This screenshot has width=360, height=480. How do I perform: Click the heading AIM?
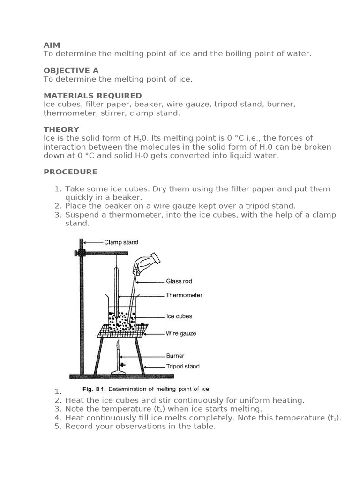52,45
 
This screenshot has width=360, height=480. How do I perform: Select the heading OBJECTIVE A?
71,70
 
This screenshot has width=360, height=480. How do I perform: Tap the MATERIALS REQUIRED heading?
93,96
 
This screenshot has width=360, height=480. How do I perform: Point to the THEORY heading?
61,129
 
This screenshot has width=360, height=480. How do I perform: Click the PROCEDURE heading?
70,172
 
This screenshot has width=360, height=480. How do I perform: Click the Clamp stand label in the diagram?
121,242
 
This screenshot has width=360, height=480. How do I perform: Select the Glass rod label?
179,281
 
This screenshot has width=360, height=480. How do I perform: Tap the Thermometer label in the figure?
184,295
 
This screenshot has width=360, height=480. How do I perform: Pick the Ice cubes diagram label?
179,316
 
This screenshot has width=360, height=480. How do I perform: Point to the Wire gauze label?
181,334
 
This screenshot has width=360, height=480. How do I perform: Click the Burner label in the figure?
175,356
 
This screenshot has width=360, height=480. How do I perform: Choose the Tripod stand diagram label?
183,367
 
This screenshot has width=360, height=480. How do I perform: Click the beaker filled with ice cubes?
122,319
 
